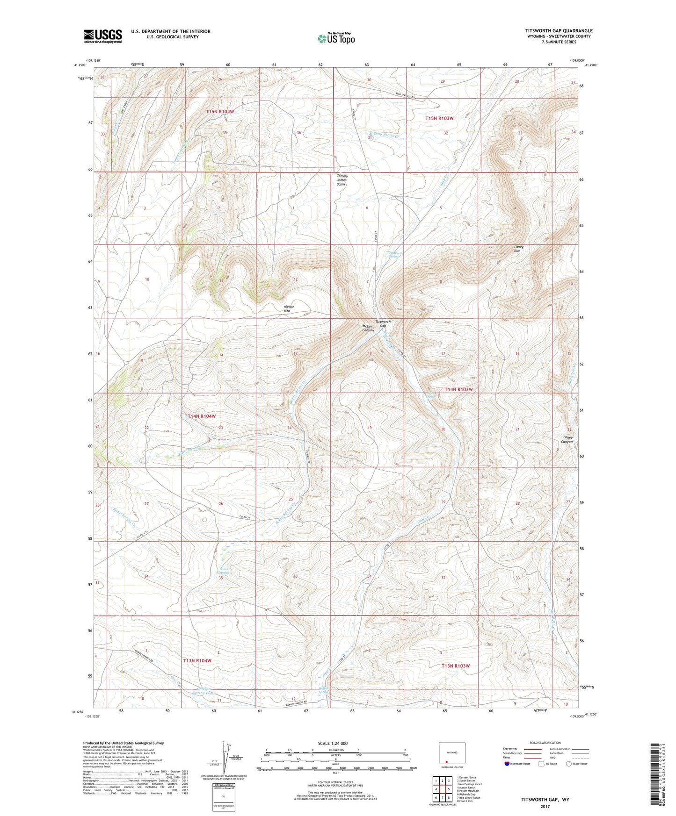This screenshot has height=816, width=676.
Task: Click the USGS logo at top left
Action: tap(103, 36)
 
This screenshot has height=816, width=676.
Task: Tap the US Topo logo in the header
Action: tap(335, 38)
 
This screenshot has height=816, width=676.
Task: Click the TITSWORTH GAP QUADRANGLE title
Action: tap(558, 31)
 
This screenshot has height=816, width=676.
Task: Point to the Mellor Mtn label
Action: tap(291, 309)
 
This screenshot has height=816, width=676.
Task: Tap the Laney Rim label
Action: tap(518, 249)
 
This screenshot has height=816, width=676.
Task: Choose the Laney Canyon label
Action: tap(567, 439)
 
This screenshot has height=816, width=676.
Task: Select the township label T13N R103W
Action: tap(455, 666)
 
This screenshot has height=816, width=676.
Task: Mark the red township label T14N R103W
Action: tap(458, 389)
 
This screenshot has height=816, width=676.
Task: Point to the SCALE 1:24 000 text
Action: tap(332, 743)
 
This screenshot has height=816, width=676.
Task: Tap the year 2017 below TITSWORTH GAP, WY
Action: tap(544, 807)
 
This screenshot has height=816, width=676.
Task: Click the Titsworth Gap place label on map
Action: tap(383, 324)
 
